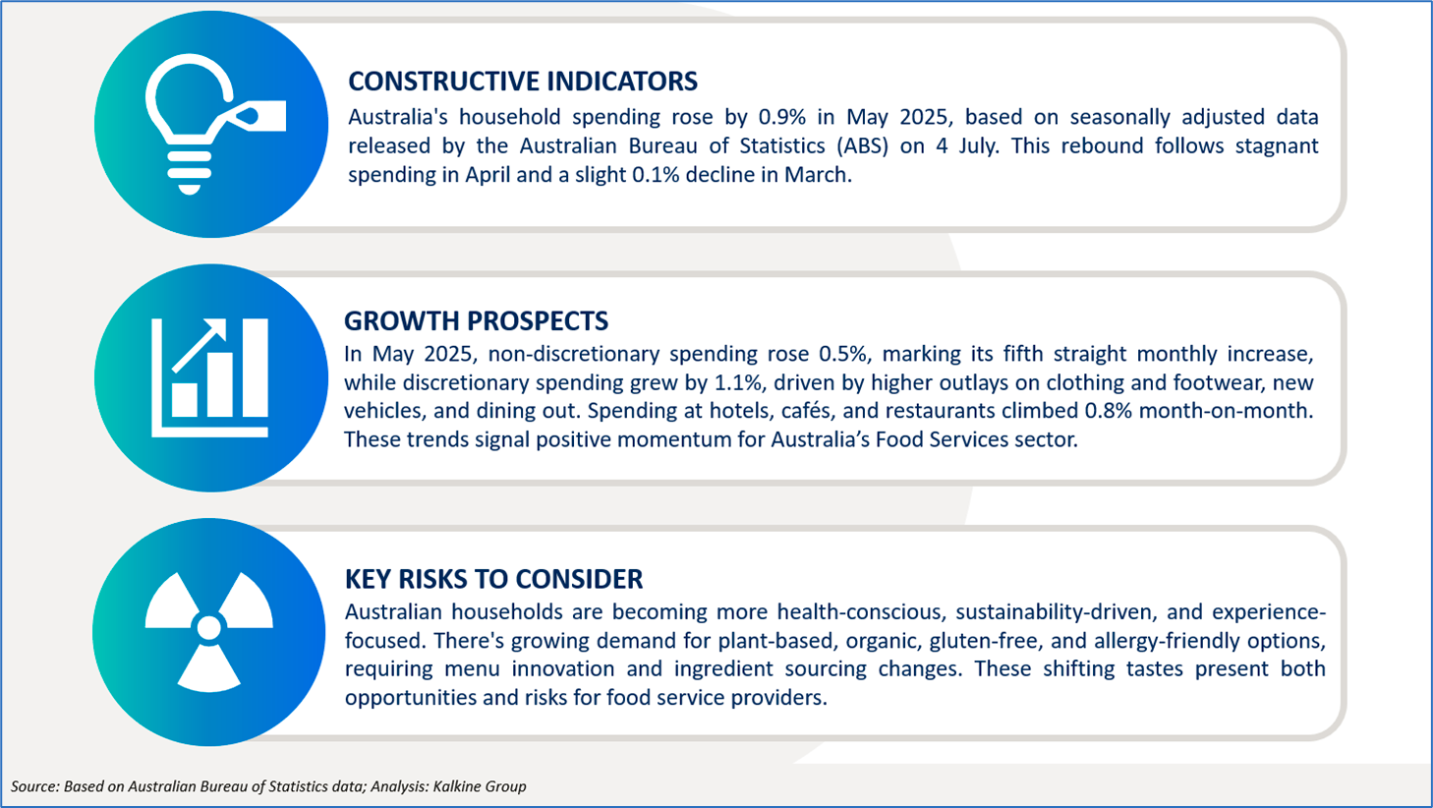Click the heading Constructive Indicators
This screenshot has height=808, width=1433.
523,82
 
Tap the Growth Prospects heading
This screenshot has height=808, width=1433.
476,321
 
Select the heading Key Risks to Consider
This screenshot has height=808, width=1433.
493,579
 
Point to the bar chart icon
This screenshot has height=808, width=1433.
209,377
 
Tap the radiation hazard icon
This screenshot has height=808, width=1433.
209,630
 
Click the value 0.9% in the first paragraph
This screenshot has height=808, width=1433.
782,117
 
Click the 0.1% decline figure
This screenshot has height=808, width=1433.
656,175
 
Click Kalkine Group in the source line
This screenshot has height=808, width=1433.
480,786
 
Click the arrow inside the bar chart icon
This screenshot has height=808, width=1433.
199,345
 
